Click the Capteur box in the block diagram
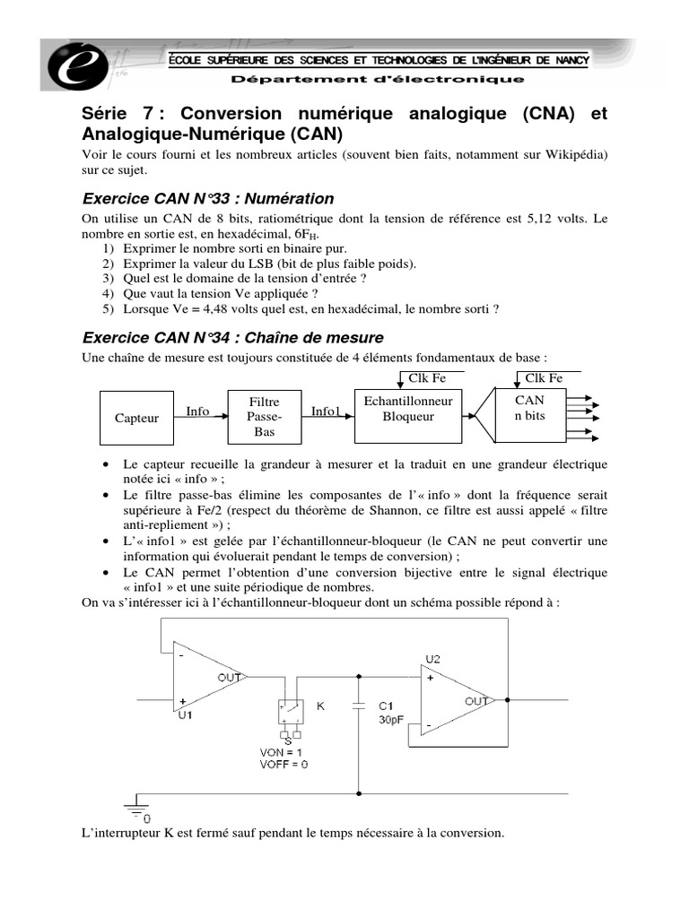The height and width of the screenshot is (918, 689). point(137,418)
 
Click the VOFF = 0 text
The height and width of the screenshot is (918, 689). point(286,764)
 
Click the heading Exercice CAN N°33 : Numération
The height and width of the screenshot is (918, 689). point(207,198)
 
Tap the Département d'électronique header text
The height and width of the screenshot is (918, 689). point(378,80)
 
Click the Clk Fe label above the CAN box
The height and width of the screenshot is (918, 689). point(545,377)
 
